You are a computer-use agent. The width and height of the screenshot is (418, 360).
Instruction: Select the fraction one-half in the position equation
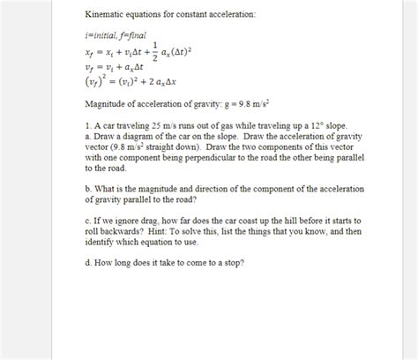coord(155,51)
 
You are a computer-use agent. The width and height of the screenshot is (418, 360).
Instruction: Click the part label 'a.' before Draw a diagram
coord(88,137)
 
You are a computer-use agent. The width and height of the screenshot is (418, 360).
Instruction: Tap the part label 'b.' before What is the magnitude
coord(88,189)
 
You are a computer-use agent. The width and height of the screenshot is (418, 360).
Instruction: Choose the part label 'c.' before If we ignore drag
coord(88,221)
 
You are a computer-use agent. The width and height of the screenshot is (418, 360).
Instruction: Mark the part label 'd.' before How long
coord(88,263)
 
